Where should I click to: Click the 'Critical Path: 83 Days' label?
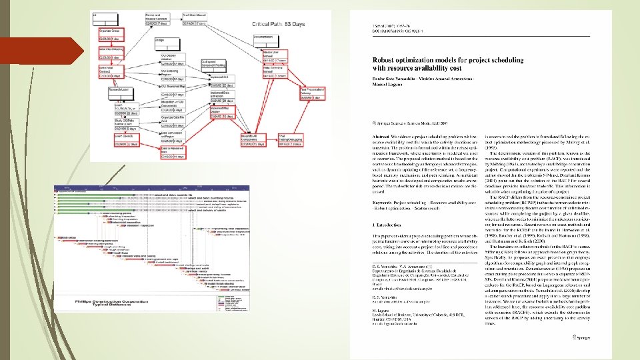point(278,24)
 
